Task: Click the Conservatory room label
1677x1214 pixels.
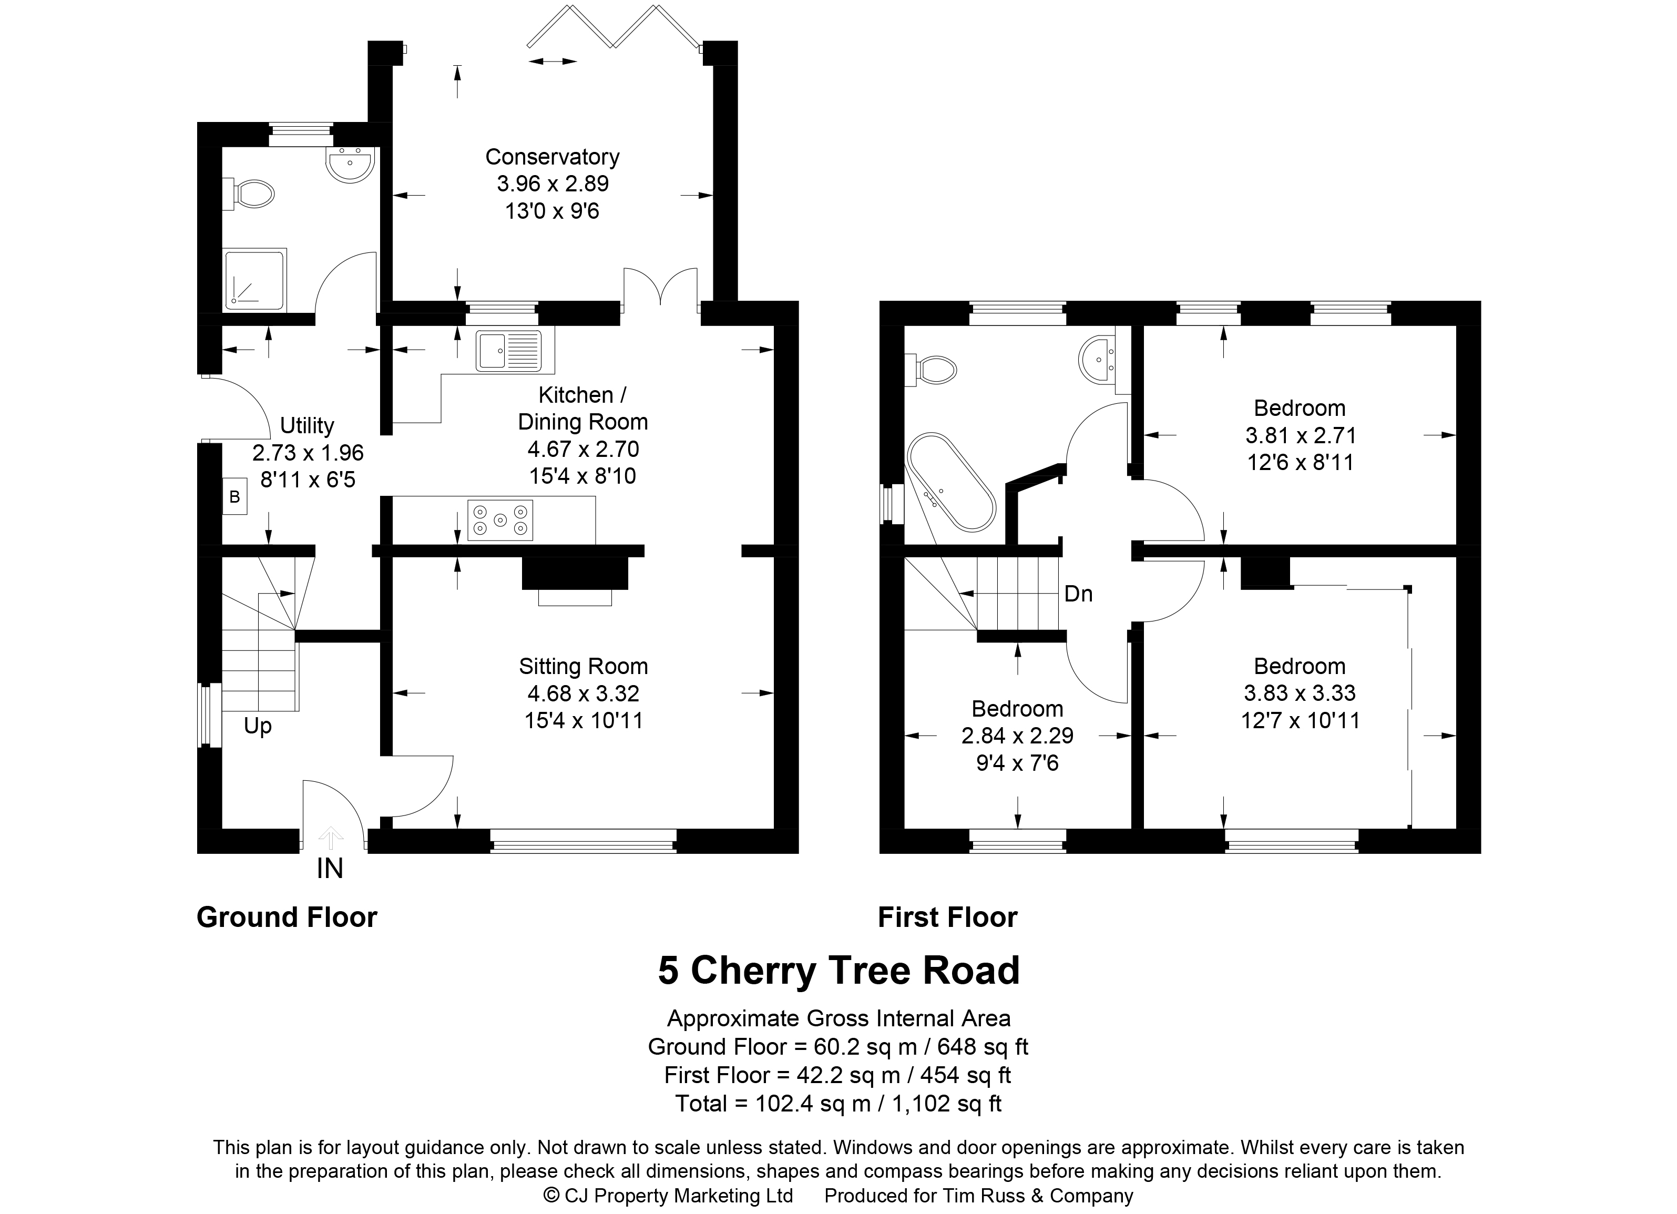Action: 553,157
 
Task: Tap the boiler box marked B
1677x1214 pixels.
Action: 234,497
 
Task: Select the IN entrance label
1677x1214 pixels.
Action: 330,869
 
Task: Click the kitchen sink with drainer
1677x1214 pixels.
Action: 509,351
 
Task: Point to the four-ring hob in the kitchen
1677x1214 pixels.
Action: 500,521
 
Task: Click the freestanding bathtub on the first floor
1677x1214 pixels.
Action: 951,482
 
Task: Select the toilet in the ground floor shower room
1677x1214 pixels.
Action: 249,195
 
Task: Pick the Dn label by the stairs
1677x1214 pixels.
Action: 1078,594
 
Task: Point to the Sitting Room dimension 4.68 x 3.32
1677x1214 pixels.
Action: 584,693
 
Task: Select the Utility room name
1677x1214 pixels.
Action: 307,426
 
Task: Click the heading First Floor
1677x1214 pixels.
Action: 947,917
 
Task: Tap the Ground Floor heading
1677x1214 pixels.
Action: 287,917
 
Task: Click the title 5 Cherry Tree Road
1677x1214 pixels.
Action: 838,971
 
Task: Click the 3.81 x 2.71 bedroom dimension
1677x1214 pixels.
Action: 1300,435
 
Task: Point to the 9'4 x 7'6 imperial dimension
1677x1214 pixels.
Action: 1017,763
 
